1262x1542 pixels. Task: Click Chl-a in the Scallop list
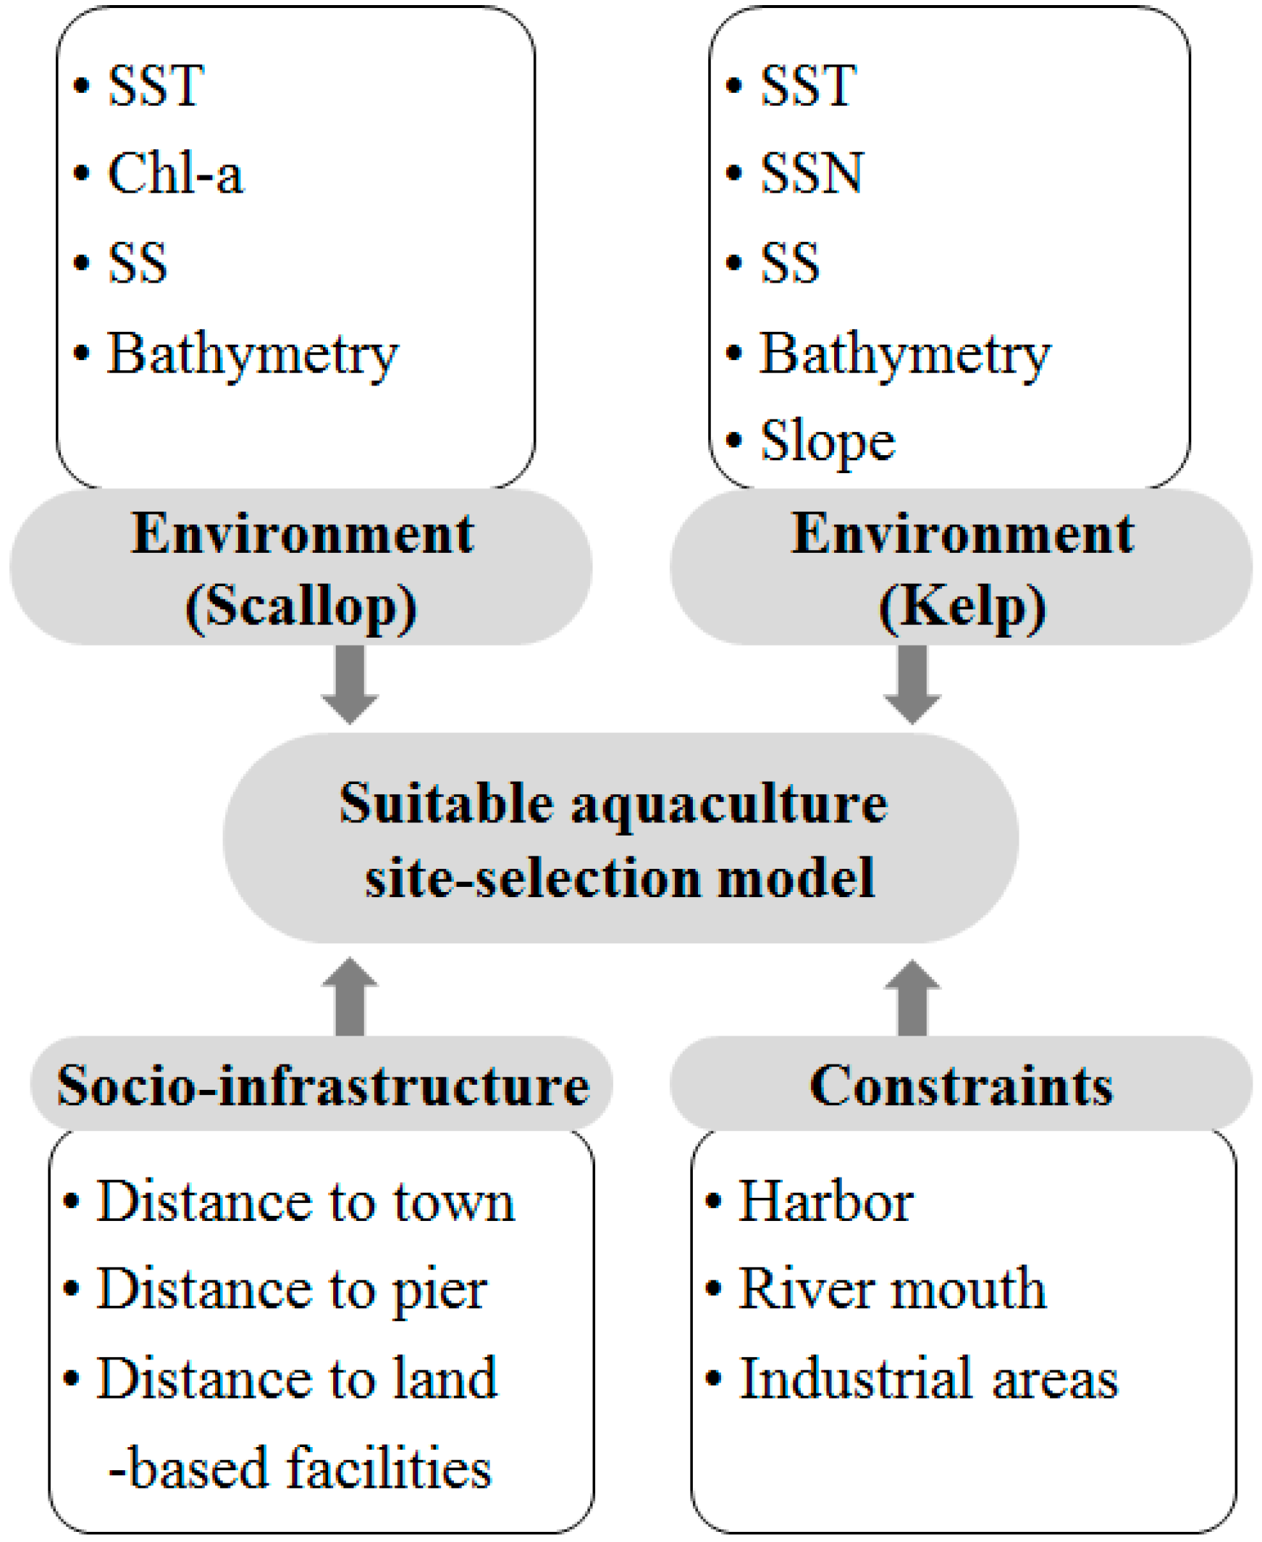pyautogui.click(x=175, y=174)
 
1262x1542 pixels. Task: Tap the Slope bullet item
pyautogui.click(x=828, y=441)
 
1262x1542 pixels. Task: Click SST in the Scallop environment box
pyautogui.click(x=156, y=86)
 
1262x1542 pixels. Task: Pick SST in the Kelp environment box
pyautogui.click(x=808, y=86)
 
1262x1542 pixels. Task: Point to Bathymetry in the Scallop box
pyautogui.click(x=252, y=354)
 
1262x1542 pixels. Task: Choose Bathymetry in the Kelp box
pyautogui.click(x=905, y=354)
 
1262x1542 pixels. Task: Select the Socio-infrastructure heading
pyautogui.click(x=323, y=1086)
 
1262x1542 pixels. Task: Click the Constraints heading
pyautogui.click(x=961, y=1086)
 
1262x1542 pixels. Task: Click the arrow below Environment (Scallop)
pyautogui.click(x=350, y=683)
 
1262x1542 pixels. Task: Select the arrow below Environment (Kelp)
pyautogui.click(x=912, y=683)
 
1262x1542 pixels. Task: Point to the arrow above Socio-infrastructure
pyautogui.click(x=350, y=997)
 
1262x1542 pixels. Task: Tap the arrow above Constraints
pyautogui.click(x=912, y=997)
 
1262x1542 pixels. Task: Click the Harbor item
pyautogui.click(x=825, y=1202)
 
